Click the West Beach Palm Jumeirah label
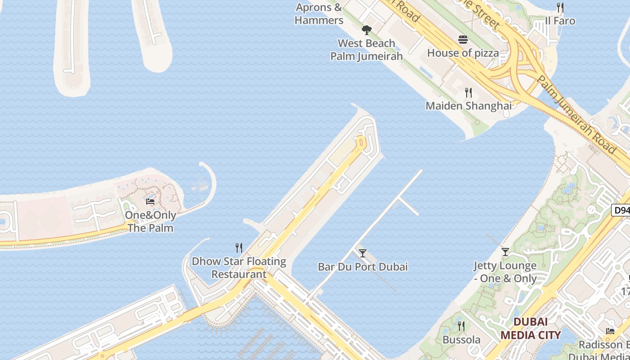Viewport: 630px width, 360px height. coord(366,49)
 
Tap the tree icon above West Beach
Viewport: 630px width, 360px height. coord(367,30)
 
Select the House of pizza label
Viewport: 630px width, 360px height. coord(463,53)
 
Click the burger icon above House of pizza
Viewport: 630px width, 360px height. coord(463,40)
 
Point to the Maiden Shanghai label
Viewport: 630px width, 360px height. coord(468,106)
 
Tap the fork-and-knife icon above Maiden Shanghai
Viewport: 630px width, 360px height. coord(468,93)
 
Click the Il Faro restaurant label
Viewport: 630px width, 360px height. coord(560,21)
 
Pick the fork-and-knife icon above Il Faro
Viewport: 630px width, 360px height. coord(560,8)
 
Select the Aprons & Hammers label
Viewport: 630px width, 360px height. coord(319,13)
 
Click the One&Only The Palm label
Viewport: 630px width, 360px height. coord(150,221)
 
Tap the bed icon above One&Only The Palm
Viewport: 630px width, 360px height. coord(150,202)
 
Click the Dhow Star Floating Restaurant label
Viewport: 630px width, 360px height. coord(239,268)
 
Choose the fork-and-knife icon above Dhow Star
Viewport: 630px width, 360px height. coord(239,248)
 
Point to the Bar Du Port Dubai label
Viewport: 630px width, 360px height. coord(363,266)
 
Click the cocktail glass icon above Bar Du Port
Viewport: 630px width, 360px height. coord(363,253)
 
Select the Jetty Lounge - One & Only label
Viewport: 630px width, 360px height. coord(505,272)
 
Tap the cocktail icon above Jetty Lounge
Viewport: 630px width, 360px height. coord(505,252)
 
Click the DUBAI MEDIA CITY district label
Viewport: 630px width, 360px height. coord(531,328)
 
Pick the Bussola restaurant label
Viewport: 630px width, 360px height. coord(461,339)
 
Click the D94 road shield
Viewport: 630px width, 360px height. coord(621,210)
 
